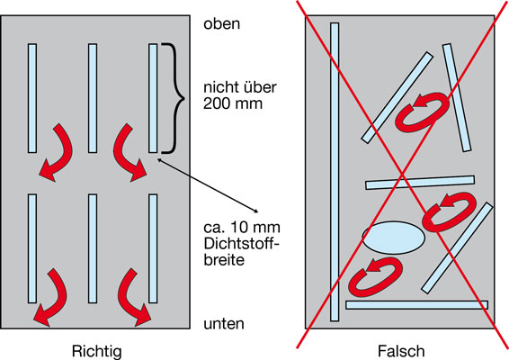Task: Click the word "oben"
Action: tap(222, 23)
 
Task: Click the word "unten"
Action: tap(224, 324)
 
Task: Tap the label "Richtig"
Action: tap(97, 351)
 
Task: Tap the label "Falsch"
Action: tap(401, 351)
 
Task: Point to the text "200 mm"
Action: tap(233, 103)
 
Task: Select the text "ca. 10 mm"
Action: tap(242, 227)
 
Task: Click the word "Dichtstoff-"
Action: tap(241, 243)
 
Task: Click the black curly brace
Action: tap(173, 98)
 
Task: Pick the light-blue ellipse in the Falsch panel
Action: tap(393, 238)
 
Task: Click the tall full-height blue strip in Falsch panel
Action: tap(335, 172)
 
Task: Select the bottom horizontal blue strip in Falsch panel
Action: tap(416, 305)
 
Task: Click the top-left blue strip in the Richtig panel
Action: tap(32, 98)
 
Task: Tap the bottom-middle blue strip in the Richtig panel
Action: tap(93, 248)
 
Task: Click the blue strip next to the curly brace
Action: tap(153, 98)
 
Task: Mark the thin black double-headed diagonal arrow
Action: tap(208, 185)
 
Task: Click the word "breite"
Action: tap(224, 260)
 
